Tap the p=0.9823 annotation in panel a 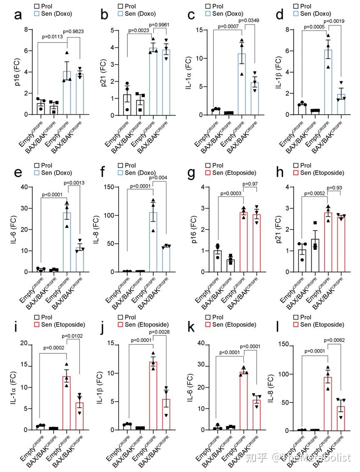click(x=76, y=31)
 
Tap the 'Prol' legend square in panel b click(x=121, y=6)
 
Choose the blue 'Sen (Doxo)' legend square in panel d click(x=296, y=14)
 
